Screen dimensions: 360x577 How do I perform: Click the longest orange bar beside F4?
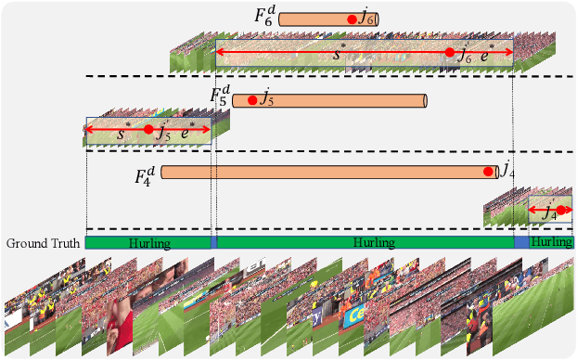(325, 172)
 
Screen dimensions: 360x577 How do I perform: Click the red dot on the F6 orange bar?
(352, 19)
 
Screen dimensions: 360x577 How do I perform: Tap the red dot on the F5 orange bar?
(251, 100)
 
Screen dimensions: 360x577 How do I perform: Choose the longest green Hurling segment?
(365, 242)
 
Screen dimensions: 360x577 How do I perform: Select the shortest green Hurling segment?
(552, 242)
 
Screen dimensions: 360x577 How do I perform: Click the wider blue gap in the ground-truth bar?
(521, 242)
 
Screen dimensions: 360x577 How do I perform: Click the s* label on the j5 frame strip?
(123, 134)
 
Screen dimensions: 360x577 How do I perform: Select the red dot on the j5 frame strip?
(147, 130)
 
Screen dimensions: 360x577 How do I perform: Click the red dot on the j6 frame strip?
(450, 53)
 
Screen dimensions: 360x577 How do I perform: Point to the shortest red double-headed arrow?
(549, 211)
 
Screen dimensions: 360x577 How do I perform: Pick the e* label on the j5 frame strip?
(188, 132)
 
